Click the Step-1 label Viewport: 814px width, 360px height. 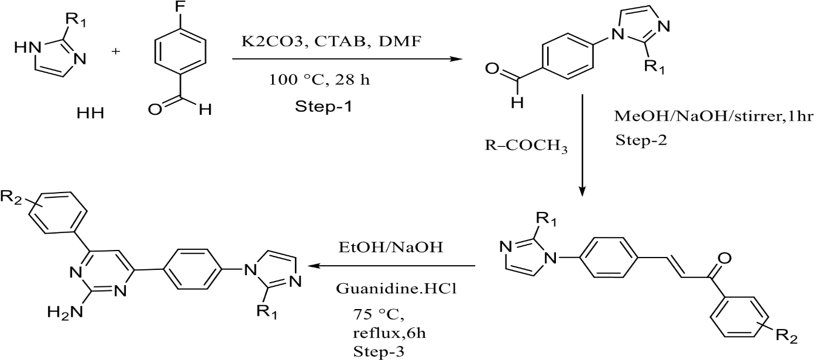pyautogui.click(x=324, y=107)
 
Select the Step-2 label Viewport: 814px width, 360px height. pyautogui.click(x=641, y=140)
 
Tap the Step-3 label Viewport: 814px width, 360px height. pyautogui.click(x=379, y=351)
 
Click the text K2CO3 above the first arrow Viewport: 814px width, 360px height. pyautogui.click(x=272, y=42)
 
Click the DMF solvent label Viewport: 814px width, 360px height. pyautogui.click(x=400, y=42)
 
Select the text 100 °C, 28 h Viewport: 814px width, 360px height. pyautogui.click(x=320, y=80)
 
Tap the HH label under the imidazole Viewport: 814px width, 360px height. pyautogui.click(x=90, y=114)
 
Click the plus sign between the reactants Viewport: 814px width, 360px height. pyautogui.click(x=115, y=52)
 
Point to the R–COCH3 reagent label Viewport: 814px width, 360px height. pyautogui.click(x=526, y=146)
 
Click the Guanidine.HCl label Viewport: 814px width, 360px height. pyautogui.click(x=396, y=289)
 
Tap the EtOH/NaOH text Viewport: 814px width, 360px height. pyautogui.click(x=391, y=247)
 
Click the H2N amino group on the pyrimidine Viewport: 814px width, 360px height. pyautogui.click(x=66, y=312)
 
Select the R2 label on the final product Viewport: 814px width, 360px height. pyautogui.click(x=11, y=197)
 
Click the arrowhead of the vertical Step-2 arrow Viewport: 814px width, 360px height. pyautogui.click(x=582, y=191)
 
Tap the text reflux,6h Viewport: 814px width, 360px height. pyautogui.click(x=389, y=333)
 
